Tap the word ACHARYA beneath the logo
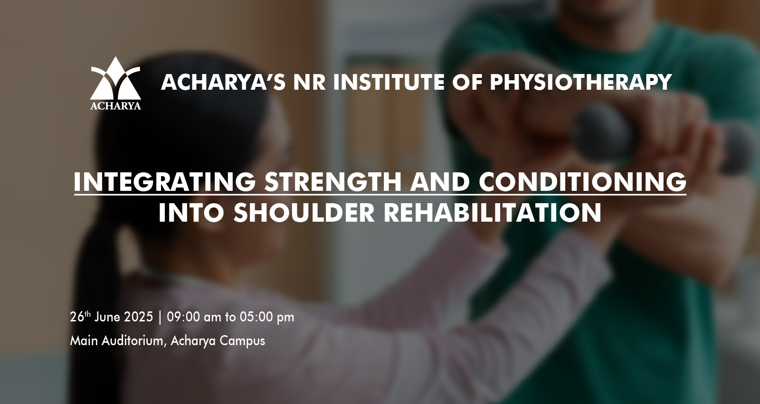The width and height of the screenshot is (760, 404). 116,106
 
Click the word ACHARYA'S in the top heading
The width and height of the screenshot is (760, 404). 223,82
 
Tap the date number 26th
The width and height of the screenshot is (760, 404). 80,317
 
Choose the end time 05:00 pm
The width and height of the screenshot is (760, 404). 267,317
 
